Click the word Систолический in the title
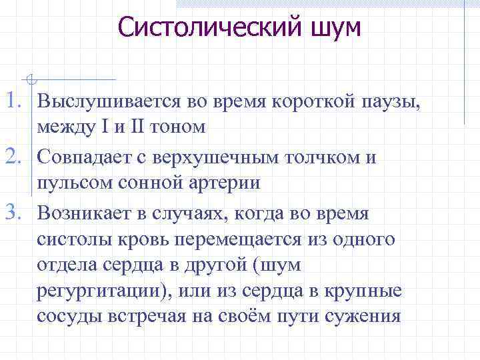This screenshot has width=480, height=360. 201,27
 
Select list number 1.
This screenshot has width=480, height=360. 15,101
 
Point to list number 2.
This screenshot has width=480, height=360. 15,157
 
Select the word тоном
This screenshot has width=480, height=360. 183,127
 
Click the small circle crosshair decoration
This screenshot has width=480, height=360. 31,79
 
